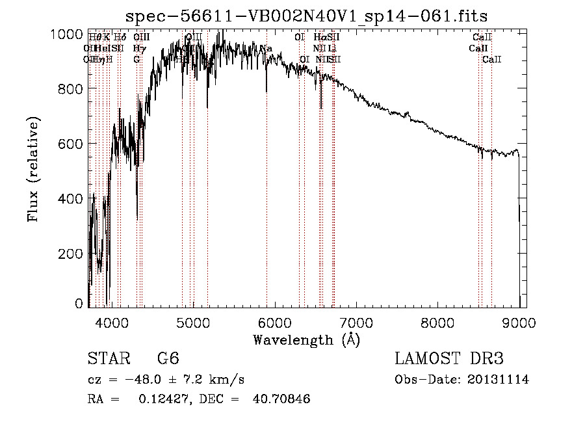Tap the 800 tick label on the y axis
click(x=71, y=88)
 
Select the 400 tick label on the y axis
click(x=71, y=198)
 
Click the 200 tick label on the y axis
click(x=71, y=252)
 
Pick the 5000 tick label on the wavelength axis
click(x=192, y=321)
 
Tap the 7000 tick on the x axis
click(x=356, y=321)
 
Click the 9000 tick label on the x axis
click(x=519, y=321)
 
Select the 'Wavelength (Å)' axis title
click(x=306, y=339)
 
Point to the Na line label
click(x=266, y=49)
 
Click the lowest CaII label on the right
click(x=492, y=60)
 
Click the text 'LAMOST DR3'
click(x=449, y=359)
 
